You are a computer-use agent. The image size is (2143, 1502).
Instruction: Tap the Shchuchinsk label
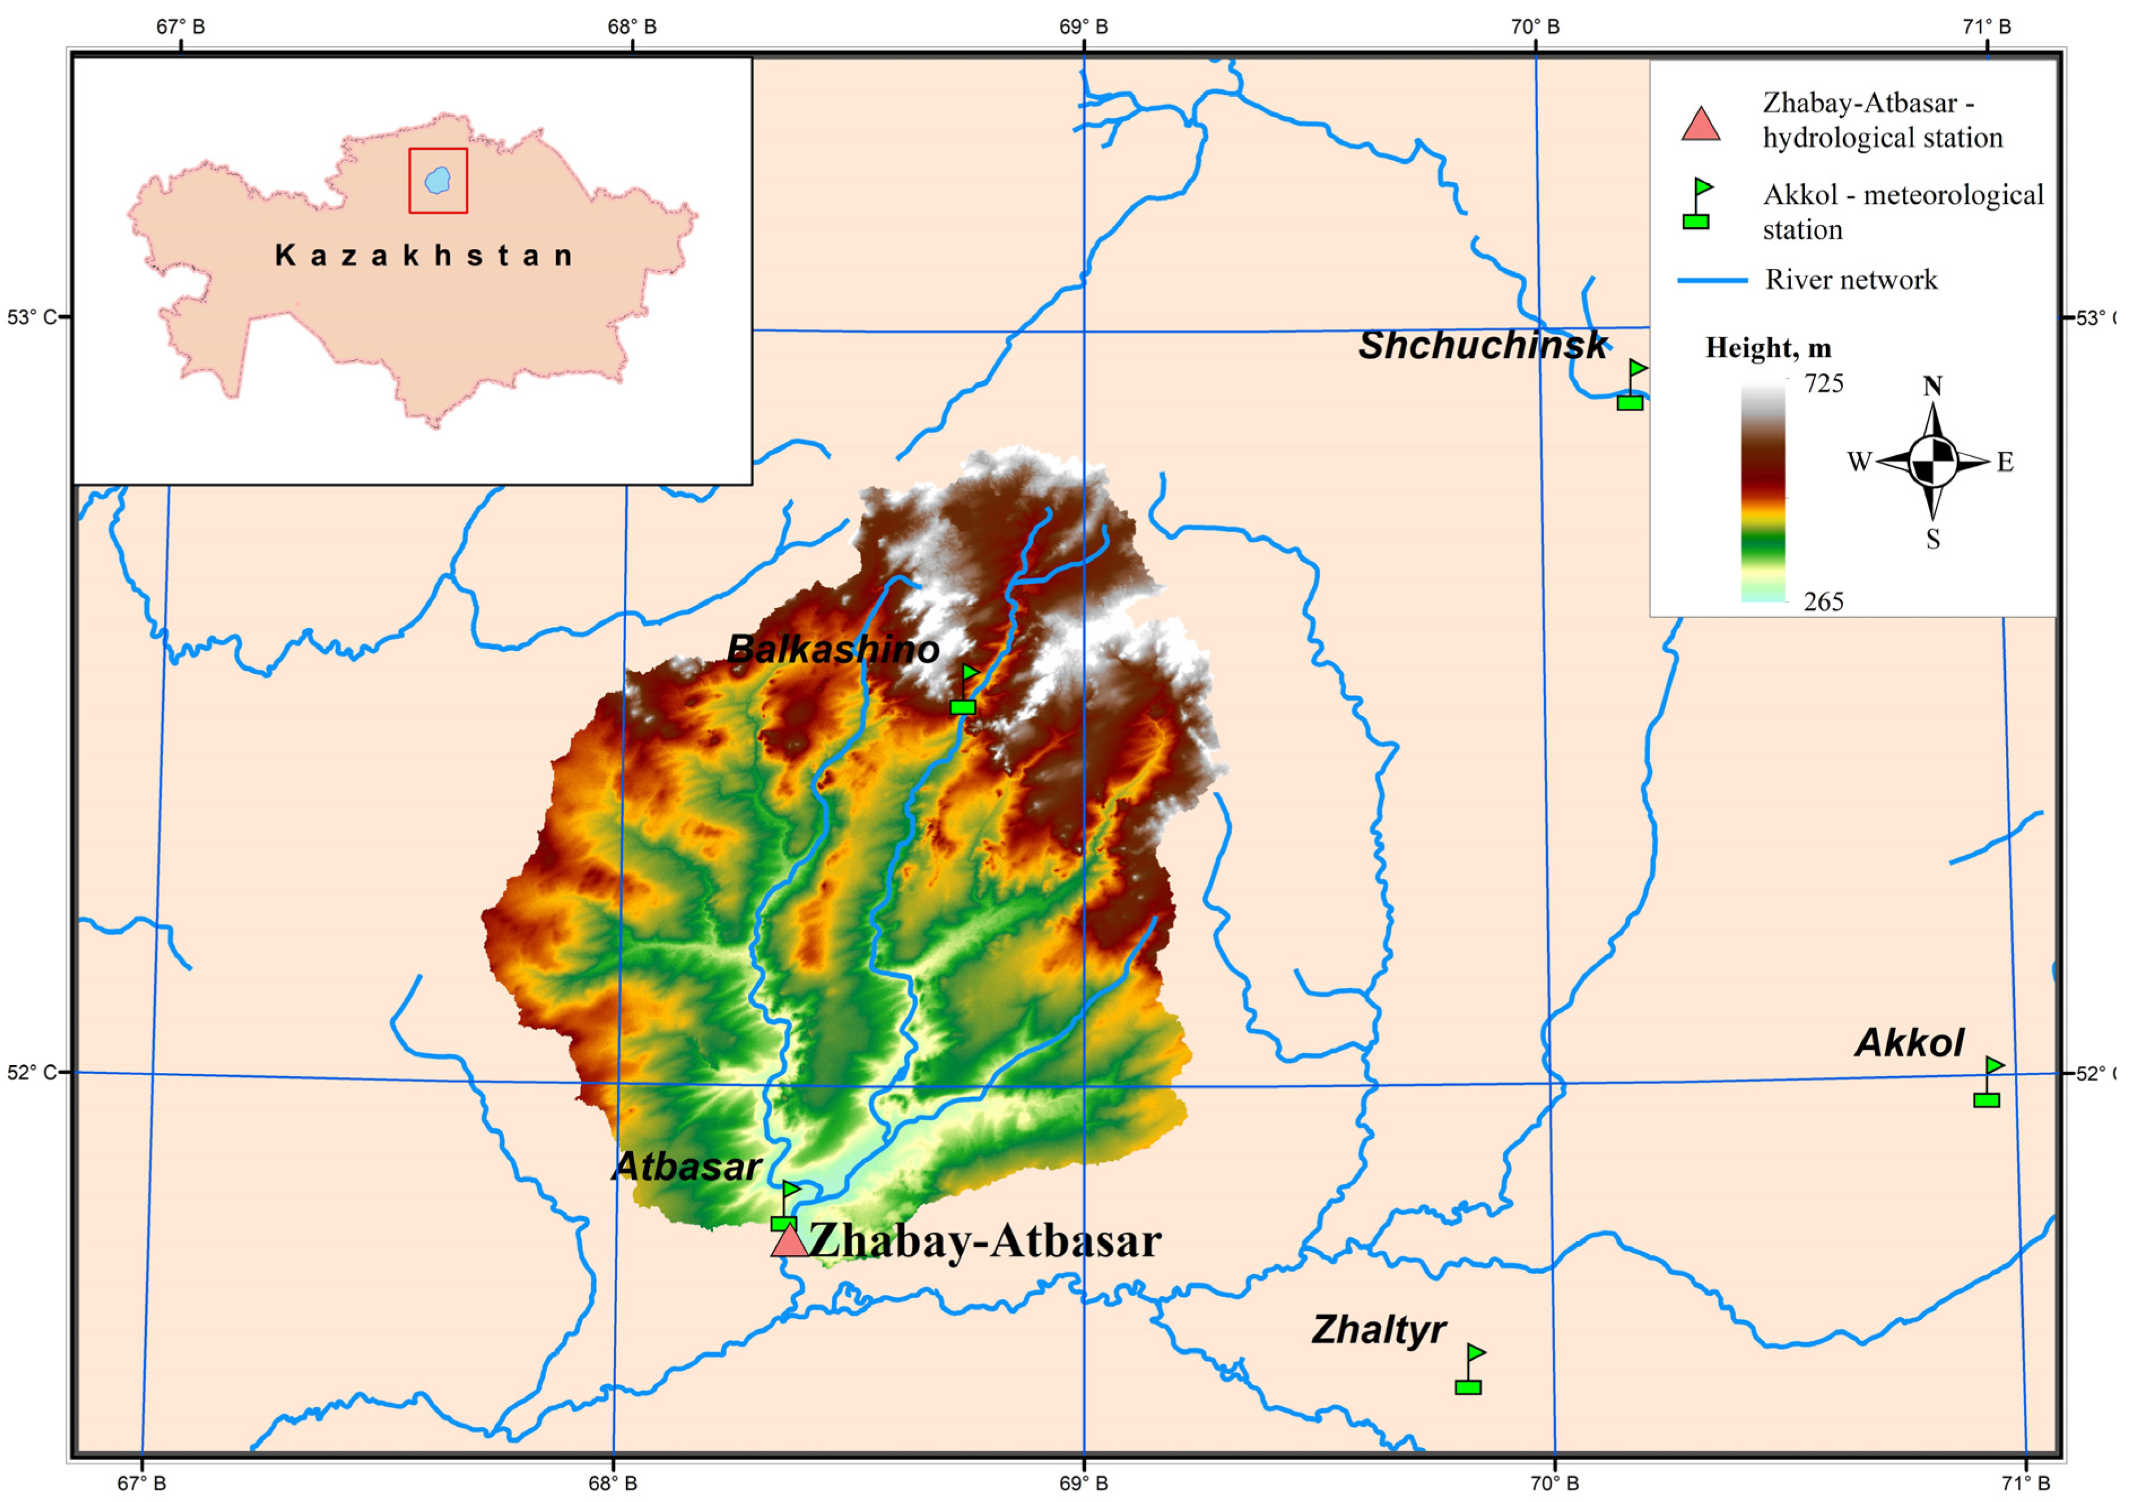[1482, 346]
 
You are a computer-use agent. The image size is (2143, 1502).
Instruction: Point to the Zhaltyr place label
[1378, 1329]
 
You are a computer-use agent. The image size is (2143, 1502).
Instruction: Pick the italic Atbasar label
[688, 1167]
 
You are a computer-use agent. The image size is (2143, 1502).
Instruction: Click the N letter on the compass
[1932, 386]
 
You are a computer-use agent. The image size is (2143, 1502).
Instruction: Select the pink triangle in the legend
[1701, 124]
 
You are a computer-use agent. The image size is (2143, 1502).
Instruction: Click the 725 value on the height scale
[1824, 383]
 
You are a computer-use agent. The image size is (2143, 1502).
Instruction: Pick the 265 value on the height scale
[1824, 601]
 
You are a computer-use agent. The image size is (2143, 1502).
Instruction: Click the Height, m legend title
[1768, 348]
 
